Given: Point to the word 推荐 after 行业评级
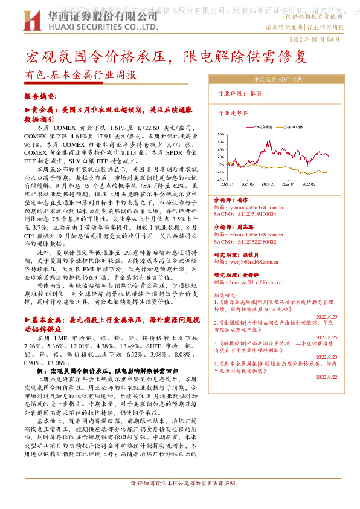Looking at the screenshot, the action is (256, 94).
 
